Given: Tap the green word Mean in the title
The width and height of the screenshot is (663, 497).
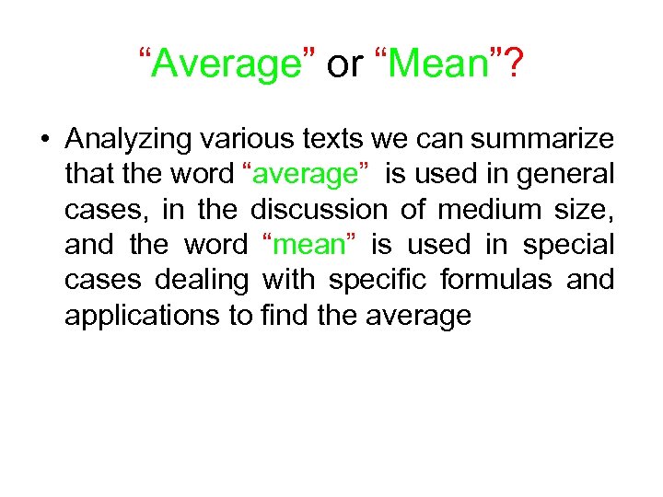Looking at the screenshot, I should [438, 64].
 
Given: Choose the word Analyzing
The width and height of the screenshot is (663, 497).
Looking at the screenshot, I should [125, 140].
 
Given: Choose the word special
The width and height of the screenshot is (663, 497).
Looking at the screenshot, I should [567, 245].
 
